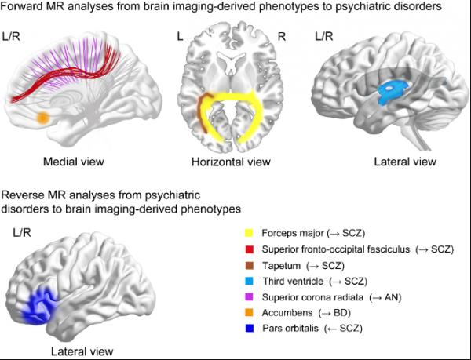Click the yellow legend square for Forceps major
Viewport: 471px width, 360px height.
pyautogui.click(x=250, y=234)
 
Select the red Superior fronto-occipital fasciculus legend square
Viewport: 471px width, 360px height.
pyautogui.click(x=250, y=249)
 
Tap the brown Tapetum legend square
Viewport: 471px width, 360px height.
pyautogui.click(x=250, y=264)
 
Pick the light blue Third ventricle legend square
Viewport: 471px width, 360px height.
pyautogui.click(x=250, y=280)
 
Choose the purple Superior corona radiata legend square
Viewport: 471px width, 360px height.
pyautogui.click(x=250, y=296)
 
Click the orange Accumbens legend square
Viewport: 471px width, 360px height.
pyautogui.click(x=250, y=311)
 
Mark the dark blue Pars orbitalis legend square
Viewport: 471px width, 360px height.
pyautogui.click(x=250, y=326)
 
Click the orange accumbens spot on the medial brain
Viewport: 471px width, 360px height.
pyautogui.click(x=43, y=118)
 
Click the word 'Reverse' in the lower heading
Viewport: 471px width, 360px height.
pyautogui.click(x=23, y=195)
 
